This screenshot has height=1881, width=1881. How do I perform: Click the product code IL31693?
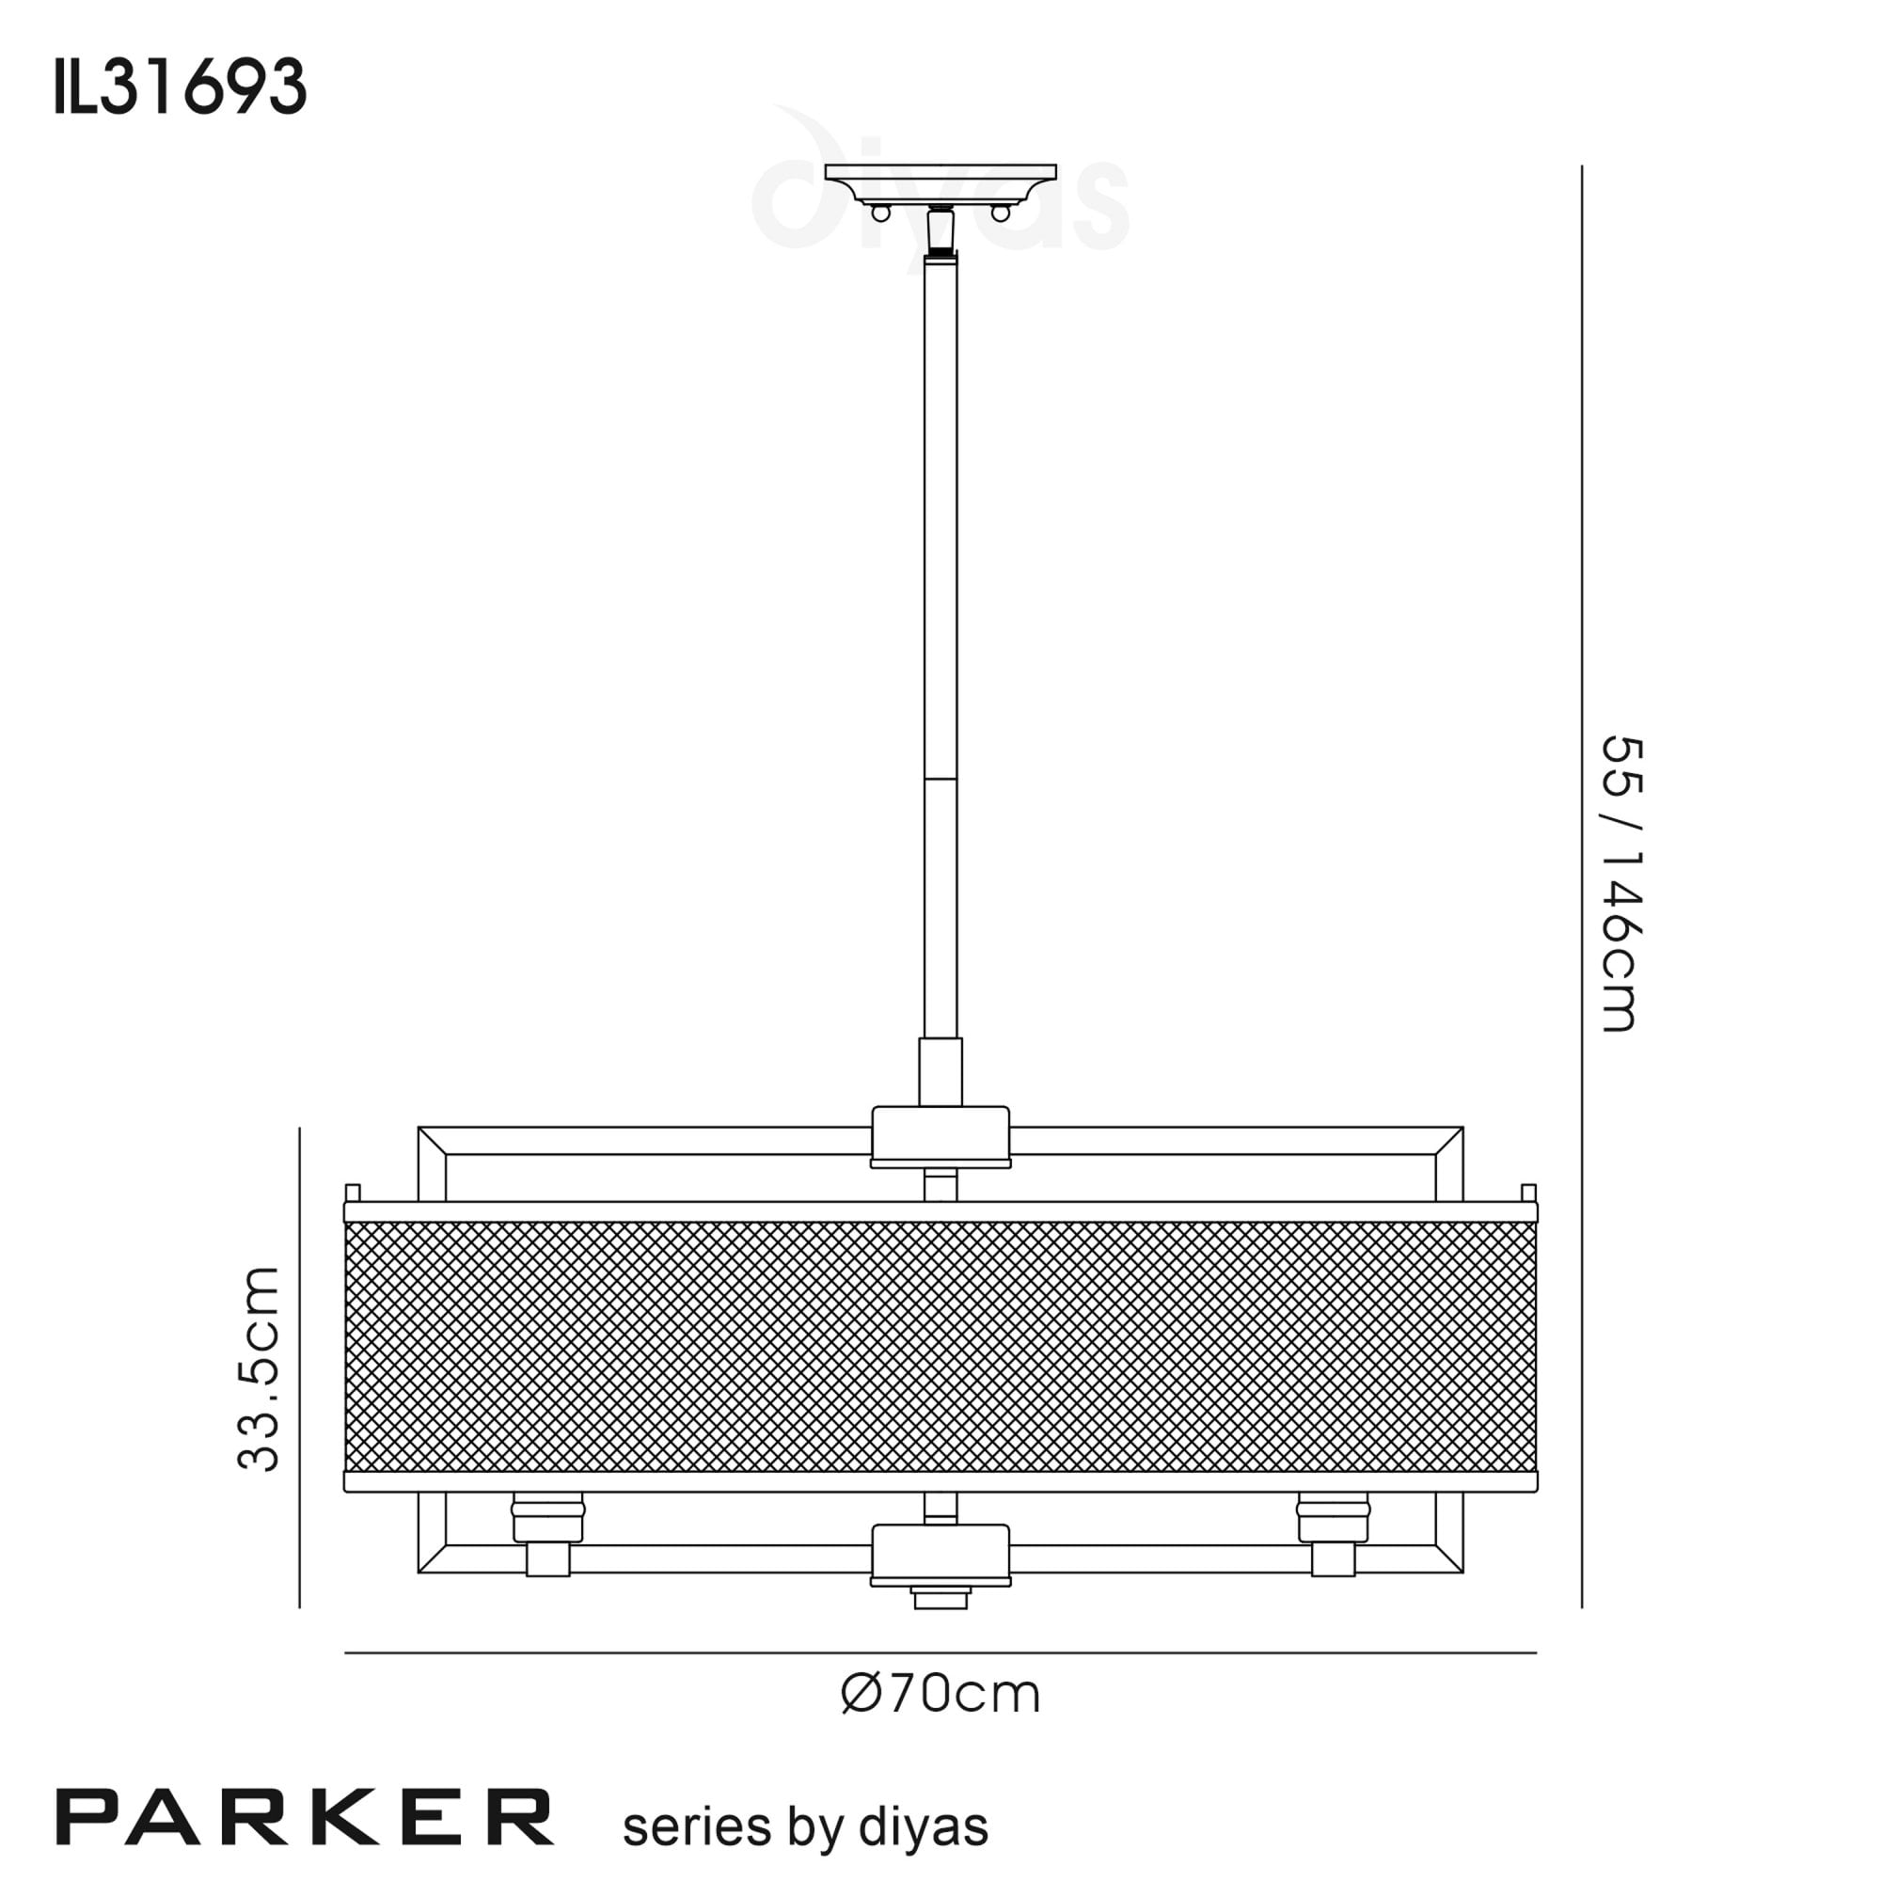pos(182,87)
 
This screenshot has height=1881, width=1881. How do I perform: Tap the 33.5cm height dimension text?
pos(259,1367)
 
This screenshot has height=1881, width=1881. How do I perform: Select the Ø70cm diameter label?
pos(940,1694)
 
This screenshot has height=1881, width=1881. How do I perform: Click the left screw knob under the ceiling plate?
pos(880,213)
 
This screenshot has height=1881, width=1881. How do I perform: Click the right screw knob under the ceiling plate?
pos(1000,213)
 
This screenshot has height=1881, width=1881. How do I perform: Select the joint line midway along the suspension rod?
pos(940,779)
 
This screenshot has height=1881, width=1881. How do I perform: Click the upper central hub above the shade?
pos(940,1134)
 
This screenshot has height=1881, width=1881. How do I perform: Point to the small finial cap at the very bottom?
pos(940,1599)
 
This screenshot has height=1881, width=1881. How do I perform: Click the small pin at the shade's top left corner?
pos(354,1193)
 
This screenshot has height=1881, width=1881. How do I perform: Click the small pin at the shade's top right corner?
pos(1528,1193)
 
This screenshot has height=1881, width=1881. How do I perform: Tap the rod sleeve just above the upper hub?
pos(940,1071)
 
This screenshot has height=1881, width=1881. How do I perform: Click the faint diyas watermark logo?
pos(940,195)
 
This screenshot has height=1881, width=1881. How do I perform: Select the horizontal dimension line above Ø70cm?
pos(940,1653)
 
